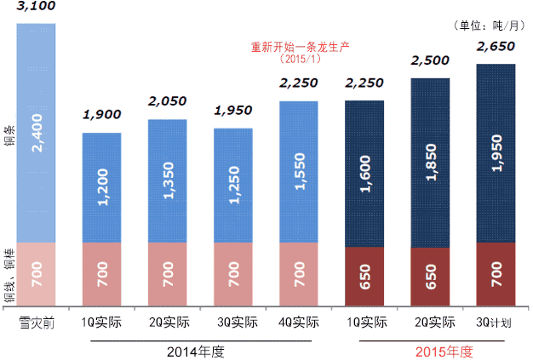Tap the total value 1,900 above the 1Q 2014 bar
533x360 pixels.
[x=101, y=115]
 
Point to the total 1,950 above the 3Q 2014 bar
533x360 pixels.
[x=232, y=111]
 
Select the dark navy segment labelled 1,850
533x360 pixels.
[x=430, y=161]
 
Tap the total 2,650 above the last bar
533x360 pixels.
[x=496, y=46]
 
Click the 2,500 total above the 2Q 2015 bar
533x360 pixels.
[x=430, y=60]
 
